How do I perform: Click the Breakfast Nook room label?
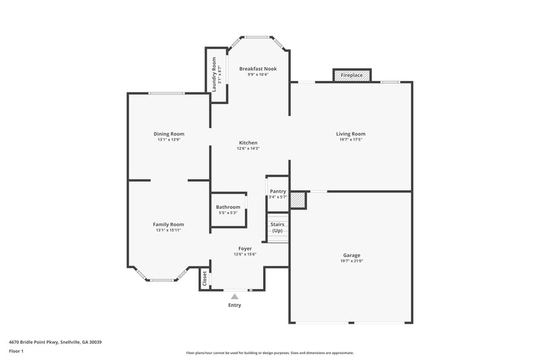258,68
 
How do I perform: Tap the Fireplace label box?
351,75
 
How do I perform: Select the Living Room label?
351,134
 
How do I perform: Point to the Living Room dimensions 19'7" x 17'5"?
351,140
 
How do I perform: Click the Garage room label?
351,255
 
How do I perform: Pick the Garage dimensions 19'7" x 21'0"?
351,261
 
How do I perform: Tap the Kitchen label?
248,143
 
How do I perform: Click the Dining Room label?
169,134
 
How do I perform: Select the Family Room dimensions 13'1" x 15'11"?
169,230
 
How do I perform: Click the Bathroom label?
228,207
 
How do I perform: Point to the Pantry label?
277,191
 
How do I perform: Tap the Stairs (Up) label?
277,227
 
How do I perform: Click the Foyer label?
245,248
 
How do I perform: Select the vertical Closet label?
205,279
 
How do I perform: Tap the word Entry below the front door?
234,305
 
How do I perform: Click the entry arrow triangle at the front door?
234,295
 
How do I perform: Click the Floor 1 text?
16,352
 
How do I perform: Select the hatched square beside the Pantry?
298,200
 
